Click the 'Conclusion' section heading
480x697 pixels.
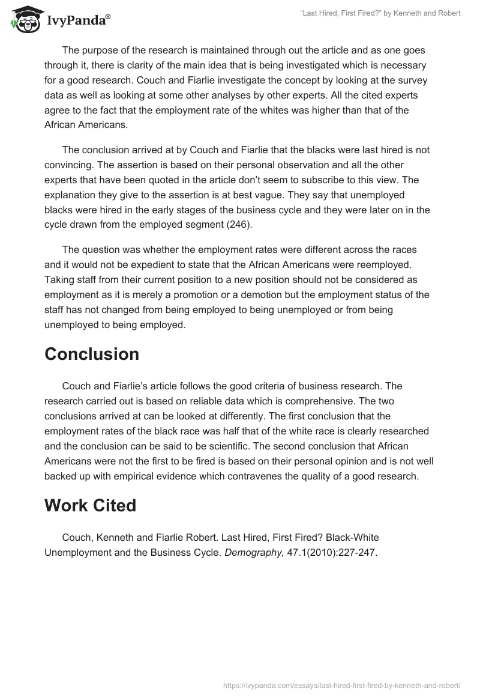(x=92, y=354)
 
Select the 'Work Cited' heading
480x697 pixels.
(x=90, y=505)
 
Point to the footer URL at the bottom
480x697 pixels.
(x=341, y=684)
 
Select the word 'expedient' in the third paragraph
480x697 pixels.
(x=158, y=264)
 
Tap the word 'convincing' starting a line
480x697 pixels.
(x=68, y=164)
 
